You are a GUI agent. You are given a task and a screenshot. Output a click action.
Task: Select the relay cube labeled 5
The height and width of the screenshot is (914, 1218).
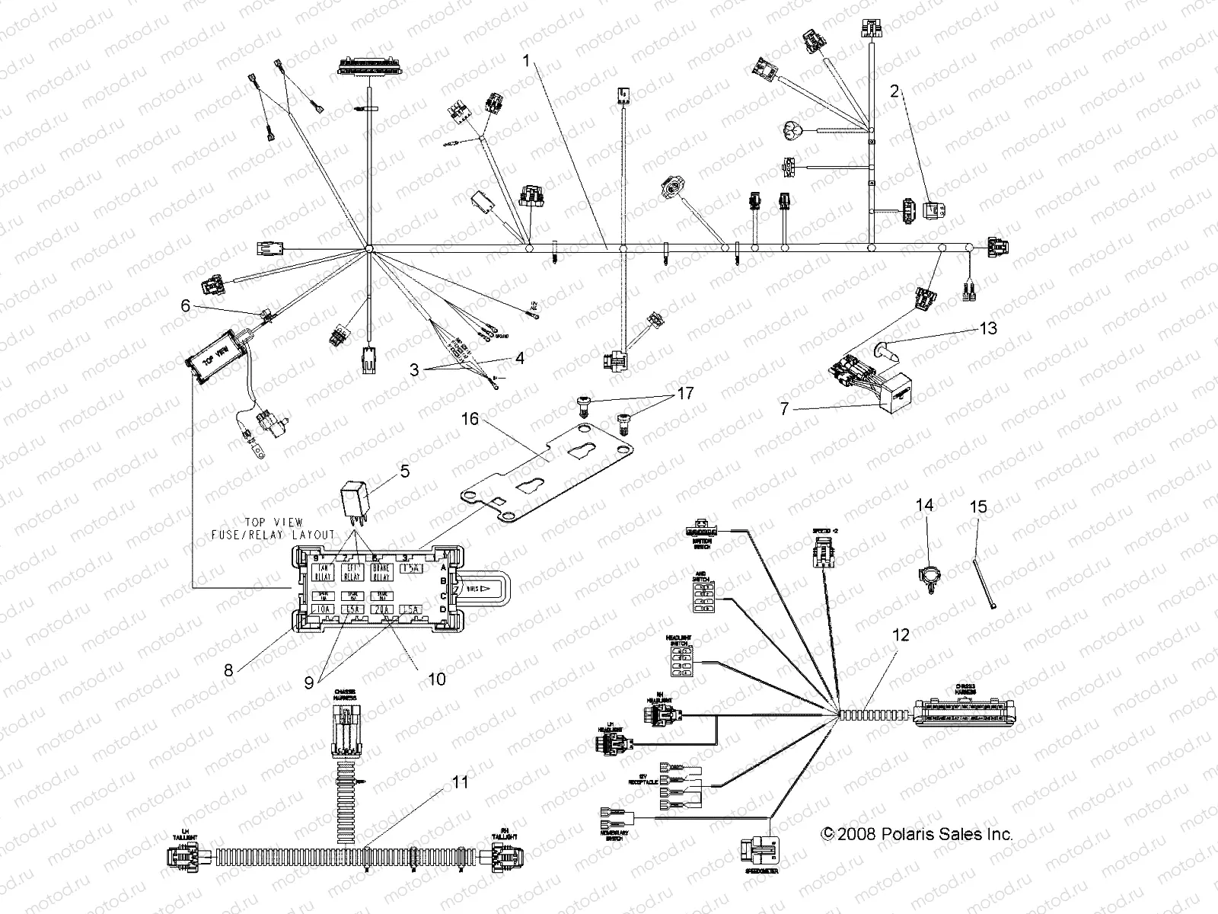[x=359, y=500]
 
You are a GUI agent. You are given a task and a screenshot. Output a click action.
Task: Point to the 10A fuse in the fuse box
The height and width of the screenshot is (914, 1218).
[x=324, y=609]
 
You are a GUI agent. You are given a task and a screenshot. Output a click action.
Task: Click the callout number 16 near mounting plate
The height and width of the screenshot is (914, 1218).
[x=469, y=418]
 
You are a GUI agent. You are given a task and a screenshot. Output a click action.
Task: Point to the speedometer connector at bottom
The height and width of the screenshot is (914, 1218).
[x=759, y=848]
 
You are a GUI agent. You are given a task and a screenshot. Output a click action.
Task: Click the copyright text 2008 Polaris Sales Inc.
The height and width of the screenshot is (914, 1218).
[x=917, y=834]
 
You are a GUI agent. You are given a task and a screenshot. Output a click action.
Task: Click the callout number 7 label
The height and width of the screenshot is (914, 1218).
[x=783, y=410]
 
